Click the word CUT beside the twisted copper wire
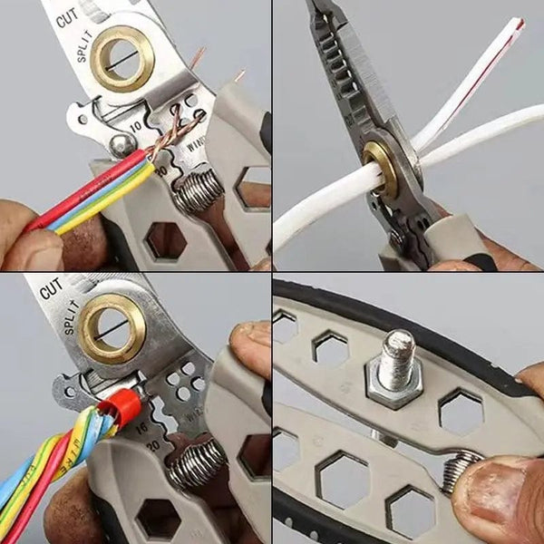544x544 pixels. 65,17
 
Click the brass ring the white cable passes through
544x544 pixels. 380,169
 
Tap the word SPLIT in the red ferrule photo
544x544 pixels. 73,327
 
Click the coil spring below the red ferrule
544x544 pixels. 194,462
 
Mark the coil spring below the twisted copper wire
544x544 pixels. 200,191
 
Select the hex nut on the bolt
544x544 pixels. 393,384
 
